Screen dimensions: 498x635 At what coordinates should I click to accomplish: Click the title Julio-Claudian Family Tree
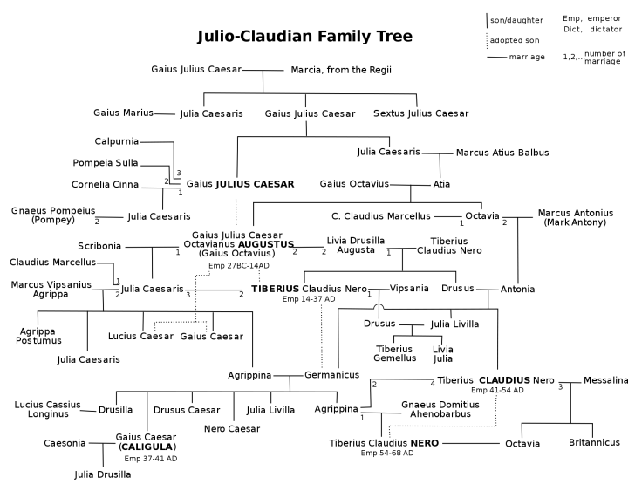(x=304, y=37)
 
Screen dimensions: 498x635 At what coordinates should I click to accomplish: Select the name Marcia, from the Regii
(x=341, y=70)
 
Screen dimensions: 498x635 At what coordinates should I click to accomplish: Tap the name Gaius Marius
(x=123, y=113)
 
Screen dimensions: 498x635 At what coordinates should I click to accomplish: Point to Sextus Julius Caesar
(x=420, y=113)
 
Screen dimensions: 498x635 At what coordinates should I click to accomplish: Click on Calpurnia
(x=117, y=141)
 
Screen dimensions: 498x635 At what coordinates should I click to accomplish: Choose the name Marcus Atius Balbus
(x=502, y=153)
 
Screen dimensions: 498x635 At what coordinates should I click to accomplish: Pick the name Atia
(x=442, y=184)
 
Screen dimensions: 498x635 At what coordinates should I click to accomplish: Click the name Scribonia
(x=99, y=246)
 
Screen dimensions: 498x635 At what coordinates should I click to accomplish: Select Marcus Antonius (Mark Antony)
(x=575, y=217)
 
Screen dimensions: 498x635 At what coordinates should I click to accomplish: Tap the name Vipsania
(x=409, y=288)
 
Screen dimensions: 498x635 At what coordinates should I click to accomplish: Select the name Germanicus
(x=332, y=375)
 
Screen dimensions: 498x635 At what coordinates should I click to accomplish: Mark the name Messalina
(x=605, y=380)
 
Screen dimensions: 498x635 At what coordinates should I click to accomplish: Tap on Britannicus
(x=594, y=442)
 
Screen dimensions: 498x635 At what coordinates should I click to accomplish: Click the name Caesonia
(x=65, y=443)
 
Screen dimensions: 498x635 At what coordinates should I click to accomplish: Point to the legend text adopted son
(x=515, y=40)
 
